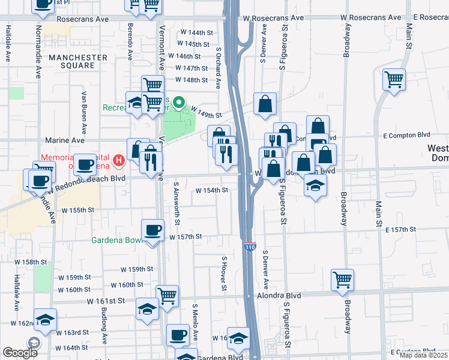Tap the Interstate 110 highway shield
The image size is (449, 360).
pyautogui.click(x=250, y=246)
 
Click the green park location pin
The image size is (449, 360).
pyautogui.click(x=178, y=104)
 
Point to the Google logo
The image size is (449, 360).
pyautogui.click(x=20, y=353)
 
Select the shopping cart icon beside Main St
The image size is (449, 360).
pyautogui.click(x=394, y=79)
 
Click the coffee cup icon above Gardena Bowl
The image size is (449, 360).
pyautogui.click(x=152, y=230)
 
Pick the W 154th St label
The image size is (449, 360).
pyautogui.click(x=212, y=190)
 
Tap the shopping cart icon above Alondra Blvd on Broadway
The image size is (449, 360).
pyautogui.click(x=342, y=279)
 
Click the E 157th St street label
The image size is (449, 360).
pyautogui.click(x=401, y=230)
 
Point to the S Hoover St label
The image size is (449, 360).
pyautogui.click(x=224, y=274)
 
